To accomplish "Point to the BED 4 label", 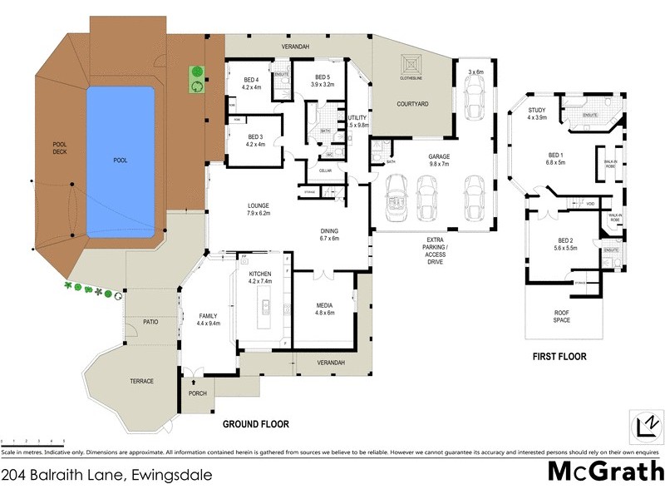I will click(251, 82).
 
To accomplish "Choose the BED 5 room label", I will click(323, 81).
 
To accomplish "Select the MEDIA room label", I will click(324, 309).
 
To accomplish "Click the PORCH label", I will click(198, 394).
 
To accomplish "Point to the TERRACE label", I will click(141, 381).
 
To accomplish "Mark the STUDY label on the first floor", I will click(536, 112).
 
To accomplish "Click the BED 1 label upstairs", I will click(555, 159).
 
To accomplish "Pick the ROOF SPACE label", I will click(562, 317).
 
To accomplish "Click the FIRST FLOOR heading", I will click(559, 357).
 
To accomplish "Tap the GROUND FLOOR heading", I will click(255, 424).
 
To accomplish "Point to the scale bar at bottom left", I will click(33, 441).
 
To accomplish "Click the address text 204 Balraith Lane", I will click(106, 476).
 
